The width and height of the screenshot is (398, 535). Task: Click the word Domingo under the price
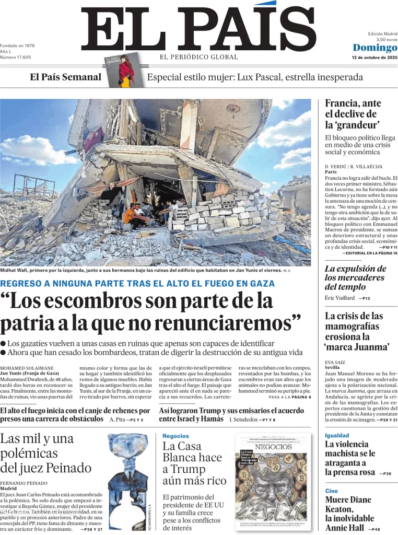tap(374, 48)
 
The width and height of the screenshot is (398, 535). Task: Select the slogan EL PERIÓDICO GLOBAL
tap(198, 57)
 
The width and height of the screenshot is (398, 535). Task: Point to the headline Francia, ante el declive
tap(353, 114)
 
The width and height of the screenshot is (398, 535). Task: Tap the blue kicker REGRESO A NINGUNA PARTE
tap(137, 283)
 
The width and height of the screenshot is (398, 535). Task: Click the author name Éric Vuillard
tap(340, 298)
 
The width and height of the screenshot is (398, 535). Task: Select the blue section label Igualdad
tap(337, 435)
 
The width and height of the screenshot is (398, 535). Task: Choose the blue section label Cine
tap(332, 491)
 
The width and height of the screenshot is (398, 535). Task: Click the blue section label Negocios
tap(175, 436)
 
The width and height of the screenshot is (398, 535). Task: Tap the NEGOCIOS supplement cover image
tap(274, 482)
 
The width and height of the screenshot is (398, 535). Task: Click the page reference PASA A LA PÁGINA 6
tap(289, 397)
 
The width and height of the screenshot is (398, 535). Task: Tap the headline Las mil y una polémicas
tap(46, 453)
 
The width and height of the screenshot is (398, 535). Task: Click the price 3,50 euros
tap(387, 40)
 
